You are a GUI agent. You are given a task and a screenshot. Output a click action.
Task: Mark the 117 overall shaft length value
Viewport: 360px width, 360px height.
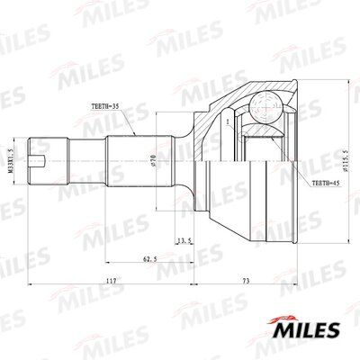click(x=110, y=283)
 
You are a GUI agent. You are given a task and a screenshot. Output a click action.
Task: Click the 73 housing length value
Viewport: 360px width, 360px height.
click(x=245, y=283)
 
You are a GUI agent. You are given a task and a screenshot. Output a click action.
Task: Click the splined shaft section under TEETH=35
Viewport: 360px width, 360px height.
click(x=133, y=160)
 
